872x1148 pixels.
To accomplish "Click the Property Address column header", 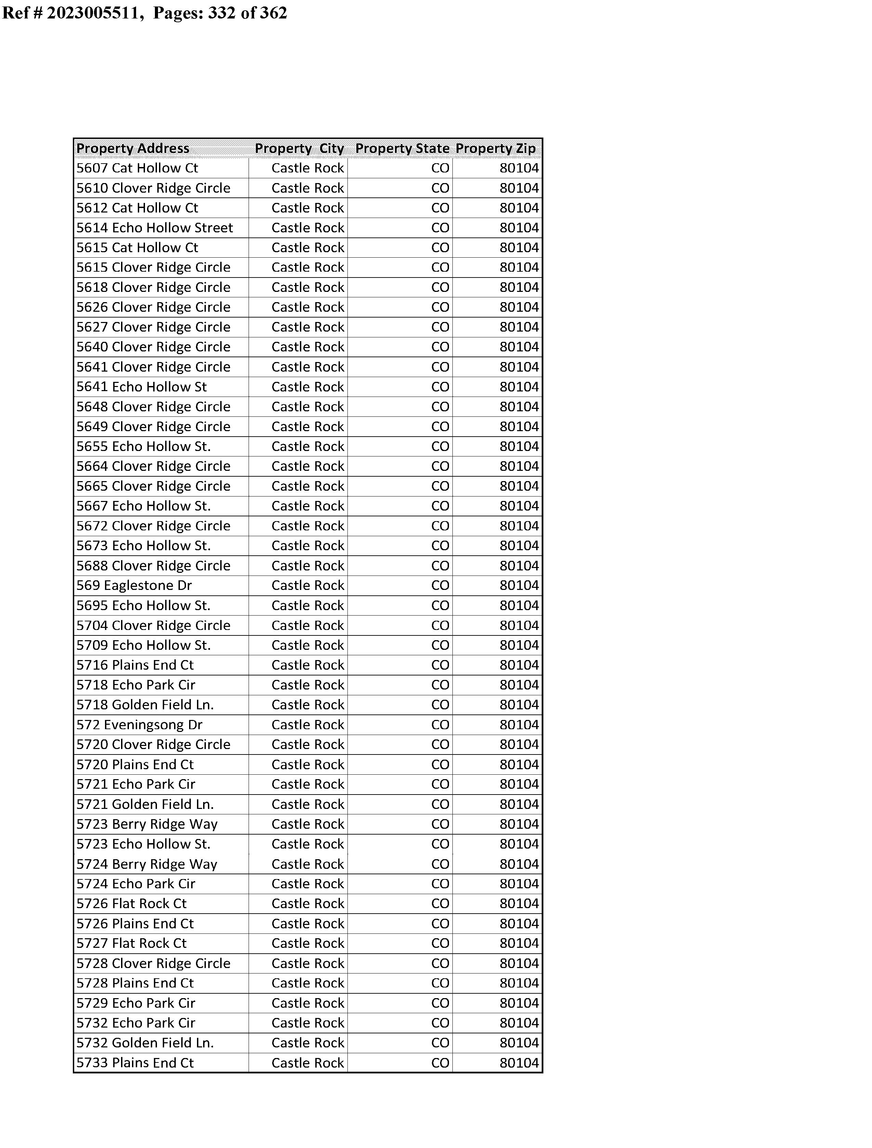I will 133,149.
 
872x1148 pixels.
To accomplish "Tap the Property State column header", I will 402,149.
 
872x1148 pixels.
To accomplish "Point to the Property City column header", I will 300,149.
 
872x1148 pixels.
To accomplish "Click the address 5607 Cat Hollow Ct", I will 137,168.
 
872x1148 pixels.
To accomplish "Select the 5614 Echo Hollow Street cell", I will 155,228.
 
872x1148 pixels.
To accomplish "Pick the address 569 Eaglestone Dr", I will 134,586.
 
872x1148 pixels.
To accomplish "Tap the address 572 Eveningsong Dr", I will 139,725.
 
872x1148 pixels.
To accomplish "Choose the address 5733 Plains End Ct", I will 135,1063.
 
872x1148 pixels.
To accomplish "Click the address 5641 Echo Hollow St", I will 141,387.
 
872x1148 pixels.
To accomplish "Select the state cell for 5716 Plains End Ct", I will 440,665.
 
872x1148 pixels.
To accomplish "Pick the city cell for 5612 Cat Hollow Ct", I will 307,208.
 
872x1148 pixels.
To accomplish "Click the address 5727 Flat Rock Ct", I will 131,943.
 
